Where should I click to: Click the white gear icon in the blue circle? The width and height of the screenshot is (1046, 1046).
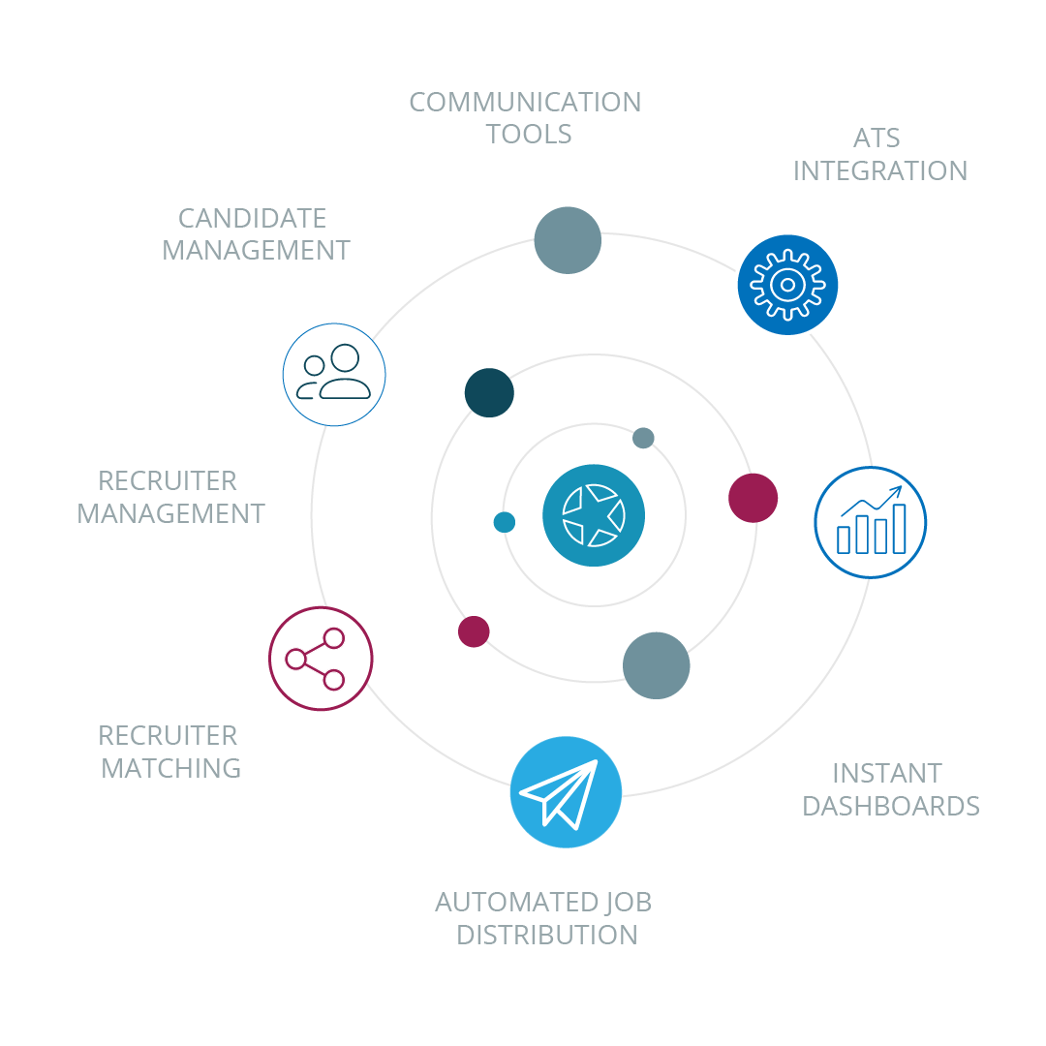(x=787, y=285)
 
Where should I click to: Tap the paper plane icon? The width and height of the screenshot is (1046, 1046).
(x=566, y=793)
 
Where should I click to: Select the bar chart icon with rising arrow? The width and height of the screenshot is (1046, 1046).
(x=871, y=522)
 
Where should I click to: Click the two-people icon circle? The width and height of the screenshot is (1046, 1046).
(x=334, y=375)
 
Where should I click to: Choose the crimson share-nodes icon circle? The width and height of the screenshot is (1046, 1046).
(x=321, y=659)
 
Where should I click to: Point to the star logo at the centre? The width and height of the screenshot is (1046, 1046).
(x=594, y=514)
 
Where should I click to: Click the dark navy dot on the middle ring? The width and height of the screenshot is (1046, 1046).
(x=489, y=392)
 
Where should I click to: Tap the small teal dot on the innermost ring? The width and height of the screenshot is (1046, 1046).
(x=504, y=522)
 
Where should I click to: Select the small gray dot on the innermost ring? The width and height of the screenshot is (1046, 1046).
(x=643, y=438)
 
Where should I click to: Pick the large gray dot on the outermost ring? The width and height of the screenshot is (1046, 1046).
(x=568, y=240)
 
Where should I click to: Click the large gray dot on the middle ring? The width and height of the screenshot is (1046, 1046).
(x=656, y=665)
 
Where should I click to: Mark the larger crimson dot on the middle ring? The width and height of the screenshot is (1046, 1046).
(x=753, y=498)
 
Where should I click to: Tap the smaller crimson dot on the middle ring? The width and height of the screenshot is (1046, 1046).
(x=474, y=631)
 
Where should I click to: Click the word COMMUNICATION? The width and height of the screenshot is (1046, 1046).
(x=525, y=102)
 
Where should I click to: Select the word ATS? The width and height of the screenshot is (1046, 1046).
(x=877, y=138)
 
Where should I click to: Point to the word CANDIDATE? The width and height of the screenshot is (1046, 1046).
(x=252, y=218)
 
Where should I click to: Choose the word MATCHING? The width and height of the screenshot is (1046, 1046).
(x=171, y=768)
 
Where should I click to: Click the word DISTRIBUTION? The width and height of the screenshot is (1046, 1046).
(x=547, y=935)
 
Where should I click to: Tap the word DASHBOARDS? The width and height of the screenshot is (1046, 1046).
(x=891, y=806)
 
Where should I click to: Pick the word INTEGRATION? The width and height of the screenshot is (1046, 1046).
(x=880, y=170)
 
